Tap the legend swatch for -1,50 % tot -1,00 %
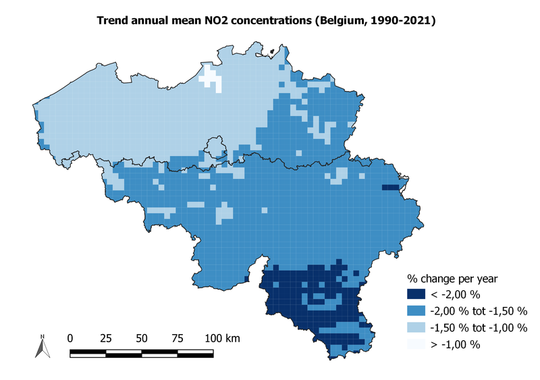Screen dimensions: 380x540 (416, 327)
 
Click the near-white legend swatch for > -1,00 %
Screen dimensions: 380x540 (416, 344)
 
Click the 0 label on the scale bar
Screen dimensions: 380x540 (71, 337)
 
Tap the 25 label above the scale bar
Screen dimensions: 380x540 (106, 337)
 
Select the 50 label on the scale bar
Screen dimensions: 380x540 (142, 337)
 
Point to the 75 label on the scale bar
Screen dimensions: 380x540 (177, 337)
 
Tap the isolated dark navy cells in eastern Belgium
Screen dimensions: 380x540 (390, 188)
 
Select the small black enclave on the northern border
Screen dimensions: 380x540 (274, 51)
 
